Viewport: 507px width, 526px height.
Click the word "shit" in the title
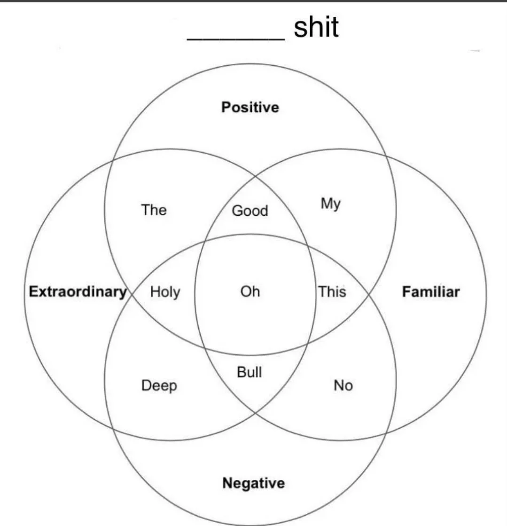click(316, 27)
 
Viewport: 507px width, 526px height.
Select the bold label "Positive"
click(250, 108)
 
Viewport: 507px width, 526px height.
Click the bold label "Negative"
click(253, 483)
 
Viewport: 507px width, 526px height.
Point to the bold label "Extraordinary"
click(78, 291)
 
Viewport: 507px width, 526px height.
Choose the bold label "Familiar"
click(430, 292)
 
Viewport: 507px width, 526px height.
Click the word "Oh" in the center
click(250, 292)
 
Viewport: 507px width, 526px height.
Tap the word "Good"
click(250, 211)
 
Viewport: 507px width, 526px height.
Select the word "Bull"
click(250, 372)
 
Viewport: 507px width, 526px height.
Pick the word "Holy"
click(165, 292)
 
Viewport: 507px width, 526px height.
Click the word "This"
click(332, 292)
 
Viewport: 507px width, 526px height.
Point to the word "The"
click(154, 210)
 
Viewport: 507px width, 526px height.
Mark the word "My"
click(330, 204)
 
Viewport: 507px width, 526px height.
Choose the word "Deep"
click(159, 386)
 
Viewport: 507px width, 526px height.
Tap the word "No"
click(343, 386)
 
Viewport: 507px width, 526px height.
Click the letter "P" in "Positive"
click(226, 108)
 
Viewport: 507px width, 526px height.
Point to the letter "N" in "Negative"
click(227, 483)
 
